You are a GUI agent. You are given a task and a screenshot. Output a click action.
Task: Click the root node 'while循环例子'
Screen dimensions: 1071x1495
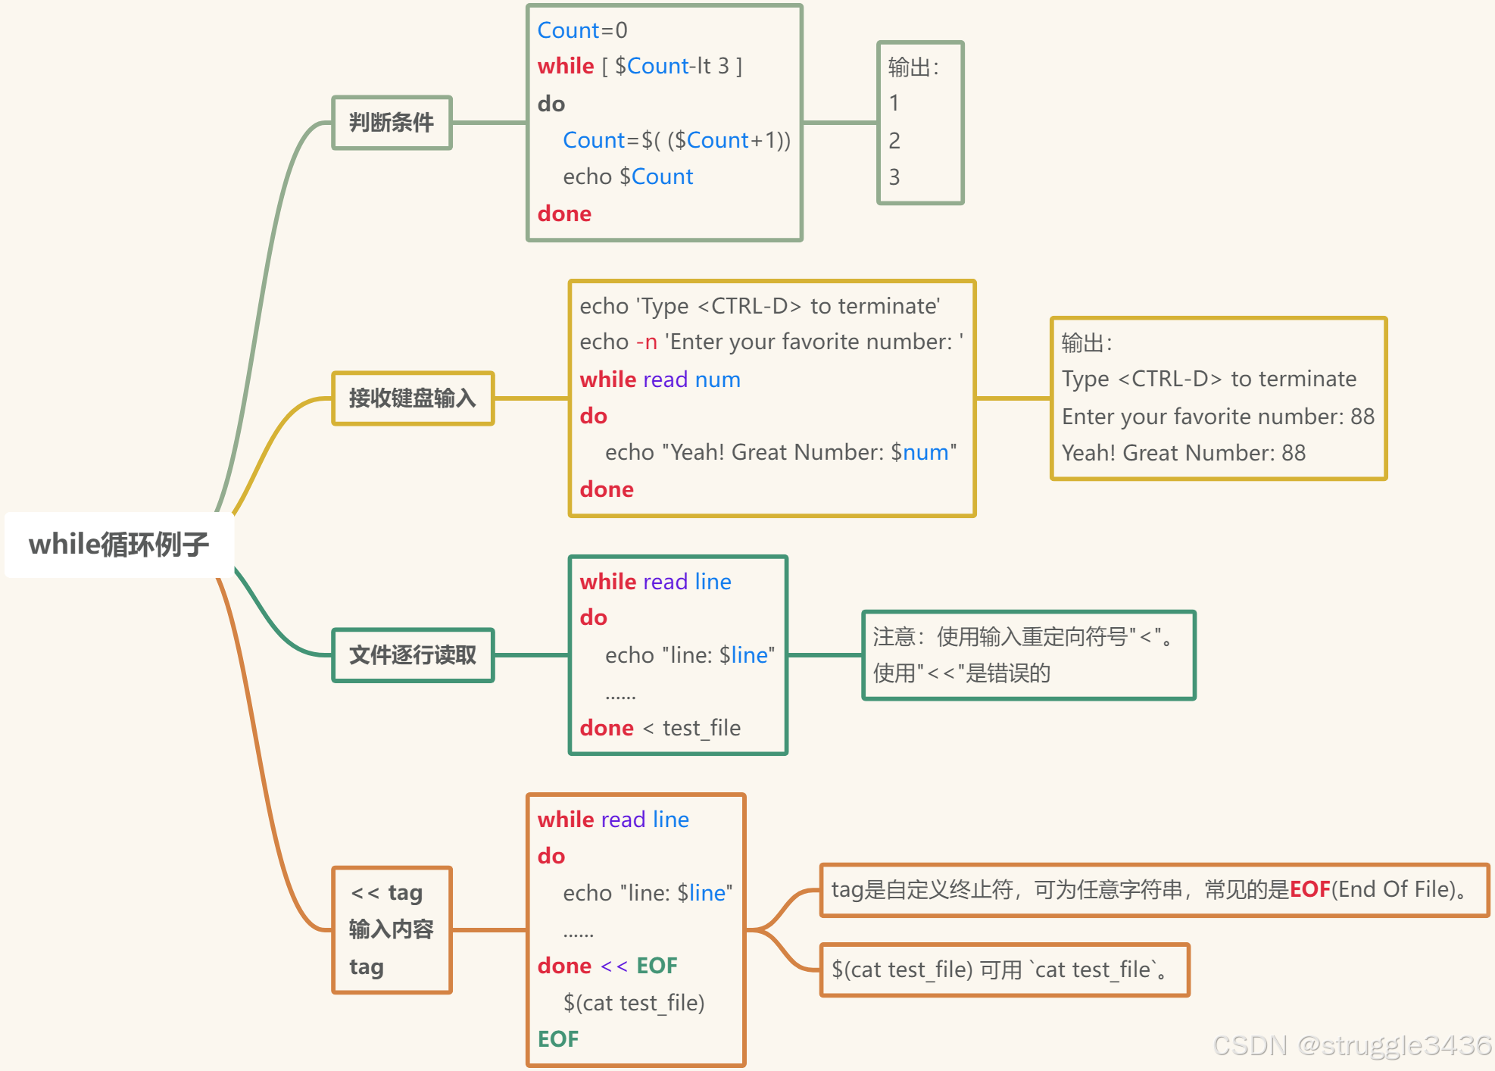(x=119, y=545)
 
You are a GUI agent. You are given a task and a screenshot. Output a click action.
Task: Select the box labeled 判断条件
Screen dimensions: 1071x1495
(x=392, y=123)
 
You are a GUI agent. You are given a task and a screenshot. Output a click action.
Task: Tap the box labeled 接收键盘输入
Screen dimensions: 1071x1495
(x=413, y=398)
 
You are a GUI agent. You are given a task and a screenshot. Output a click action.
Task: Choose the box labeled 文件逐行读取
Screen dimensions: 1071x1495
(x=413, y=655)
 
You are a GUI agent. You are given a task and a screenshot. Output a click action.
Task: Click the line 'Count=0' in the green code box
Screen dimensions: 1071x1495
(x=582, y=30)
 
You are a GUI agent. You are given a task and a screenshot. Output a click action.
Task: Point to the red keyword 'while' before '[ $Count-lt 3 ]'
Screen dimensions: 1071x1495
(x=565, y=67)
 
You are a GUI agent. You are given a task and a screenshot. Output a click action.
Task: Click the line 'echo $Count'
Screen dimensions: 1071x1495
(x=628, y=177)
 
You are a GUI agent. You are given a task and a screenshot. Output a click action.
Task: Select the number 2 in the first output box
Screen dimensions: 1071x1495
(x=894, y=141)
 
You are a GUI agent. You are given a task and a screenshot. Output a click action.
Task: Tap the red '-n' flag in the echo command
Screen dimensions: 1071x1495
(x=647, y=342)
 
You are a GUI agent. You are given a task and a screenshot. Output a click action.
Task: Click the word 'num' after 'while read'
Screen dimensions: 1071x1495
(x=717, y=379)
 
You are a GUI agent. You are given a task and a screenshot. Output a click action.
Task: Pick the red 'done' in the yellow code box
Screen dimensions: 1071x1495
(x=607, y=489)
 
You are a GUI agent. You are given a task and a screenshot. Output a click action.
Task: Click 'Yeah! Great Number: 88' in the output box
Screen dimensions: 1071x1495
(x=1183, y=453)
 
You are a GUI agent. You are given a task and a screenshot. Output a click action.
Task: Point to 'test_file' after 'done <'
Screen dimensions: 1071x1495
(x=701, y=729)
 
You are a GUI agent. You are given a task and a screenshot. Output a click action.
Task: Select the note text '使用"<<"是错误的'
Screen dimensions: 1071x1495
(x=961, y=673)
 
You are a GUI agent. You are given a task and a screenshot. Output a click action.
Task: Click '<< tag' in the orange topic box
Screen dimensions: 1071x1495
(x=387, y=893)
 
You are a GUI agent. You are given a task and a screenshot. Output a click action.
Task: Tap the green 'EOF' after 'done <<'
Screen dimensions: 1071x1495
(x=657, y=966)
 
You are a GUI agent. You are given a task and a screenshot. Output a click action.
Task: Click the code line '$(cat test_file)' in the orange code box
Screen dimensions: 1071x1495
(x=634, y=1003)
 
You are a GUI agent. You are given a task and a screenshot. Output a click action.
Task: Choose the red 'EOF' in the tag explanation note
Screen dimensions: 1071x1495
(x=1309, y=889)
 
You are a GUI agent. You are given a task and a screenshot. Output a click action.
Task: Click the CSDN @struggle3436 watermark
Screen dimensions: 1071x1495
(x=1351, y=1046)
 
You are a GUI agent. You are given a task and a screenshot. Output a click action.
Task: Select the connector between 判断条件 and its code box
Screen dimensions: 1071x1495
(x=489, y=123)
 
